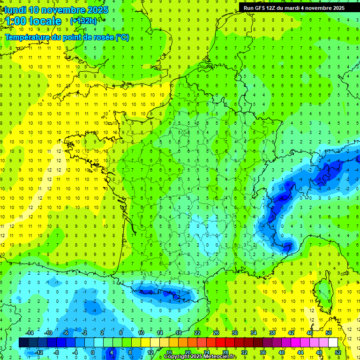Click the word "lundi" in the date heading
[x=15, y=10]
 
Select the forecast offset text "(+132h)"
[x=83, y=21]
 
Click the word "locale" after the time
[x=45, y=21]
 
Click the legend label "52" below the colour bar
[x=338, y=352]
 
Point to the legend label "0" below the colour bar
[x=93, y=352]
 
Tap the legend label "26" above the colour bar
[x=216, y=333]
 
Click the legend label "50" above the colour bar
[x=329, y=333]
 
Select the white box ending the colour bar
[x=333, y=342]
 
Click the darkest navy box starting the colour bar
[x=23, y=342]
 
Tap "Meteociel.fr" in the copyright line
[x=220, y=357]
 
